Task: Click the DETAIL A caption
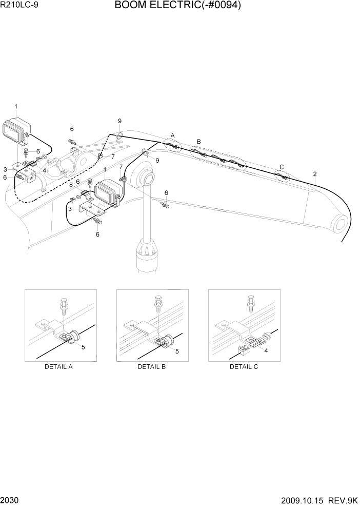[x=59, y=366]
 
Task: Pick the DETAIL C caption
[x=244, y=366]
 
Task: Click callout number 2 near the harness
[x=315, y=174]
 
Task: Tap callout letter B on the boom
[x=199, y=141]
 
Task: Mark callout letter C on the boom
[x=281, y=166]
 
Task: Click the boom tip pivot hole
[x=339, y=223]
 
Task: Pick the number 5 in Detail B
[x=177, y=351]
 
